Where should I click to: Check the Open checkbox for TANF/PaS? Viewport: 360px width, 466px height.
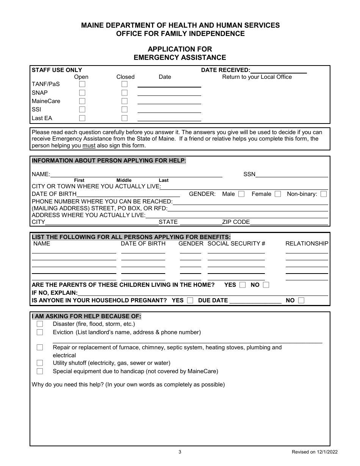82,84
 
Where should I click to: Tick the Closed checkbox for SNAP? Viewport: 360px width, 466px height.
124,93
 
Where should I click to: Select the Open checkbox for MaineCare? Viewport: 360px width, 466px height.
82,101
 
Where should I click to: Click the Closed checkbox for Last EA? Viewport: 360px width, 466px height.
124,118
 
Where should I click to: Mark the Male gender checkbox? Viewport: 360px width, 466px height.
241,194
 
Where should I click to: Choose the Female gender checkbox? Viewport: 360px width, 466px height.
278,194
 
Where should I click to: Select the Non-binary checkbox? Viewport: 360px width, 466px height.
323,194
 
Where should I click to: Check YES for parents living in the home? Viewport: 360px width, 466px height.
243,285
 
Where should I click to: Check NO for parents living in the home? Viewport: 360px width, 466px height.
266,285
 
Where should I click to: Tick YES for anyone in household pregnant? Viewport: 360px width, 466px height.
190,300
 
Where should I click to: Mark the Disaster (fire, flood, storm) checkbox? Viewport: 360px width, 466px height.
40,324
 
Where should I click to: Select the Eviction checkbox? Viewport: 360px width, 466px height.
40,332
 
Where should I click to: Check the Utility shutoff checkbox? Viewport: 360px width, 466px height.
40,363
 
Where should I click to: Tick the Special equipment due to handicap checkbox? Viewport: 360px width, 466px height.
40,371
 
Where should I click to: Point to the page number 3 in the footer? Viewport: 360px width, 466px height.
180,452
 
